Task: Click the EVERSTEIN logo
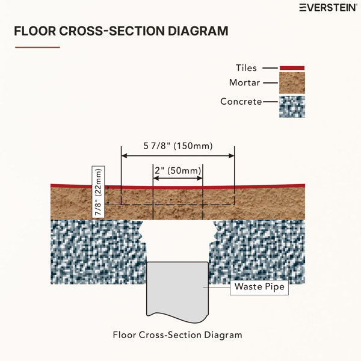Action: tap(328, 8)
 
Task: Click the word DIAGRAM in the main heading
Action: tap(198, 31)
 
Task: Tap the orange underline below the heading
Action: tap(37, 48)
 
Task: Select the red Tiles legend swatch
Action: tap(292, 68)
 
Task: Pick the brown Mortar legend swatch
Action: tap(292, 83)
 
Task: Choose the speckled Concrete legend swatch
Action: tap(292, 107)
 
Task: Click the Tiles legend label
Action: tap(246, 68)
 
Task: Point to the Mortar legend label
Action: tap(244, 82)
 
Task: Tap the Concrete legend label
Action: tap(241, 102)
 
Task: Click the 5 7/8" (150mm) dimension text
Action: tap(178, 146)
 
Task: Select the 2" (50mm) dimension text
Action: tap(178, 171)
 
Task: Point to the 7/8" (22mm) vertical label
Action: tap(98, 192)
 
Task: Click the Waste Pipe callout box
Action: tap(259, 288)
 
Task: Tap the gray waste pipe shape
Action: tap(177, 291)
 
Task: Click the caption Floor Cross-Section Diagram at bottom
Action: tap(177, 335)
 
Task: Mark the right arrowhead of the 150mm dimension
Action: tap(232, 156)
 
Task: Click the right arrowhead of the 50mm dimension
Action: tap(200, 178)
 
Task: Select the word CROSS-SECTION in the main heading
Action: tap(112, 31)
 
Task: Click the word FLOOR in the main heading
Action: tap(35, 31)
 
